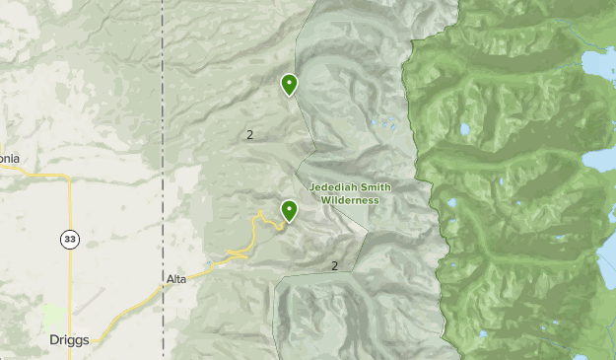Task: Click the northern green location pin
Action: pyautogui.click(x=289, y=85)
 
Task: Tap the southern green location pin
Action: pyautogui.click(x=289, y=210)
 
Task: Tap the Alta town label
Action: pyautogui.click(x=176, y=280)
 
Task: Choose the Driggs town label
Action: pyautogui.click(x=69, y=340)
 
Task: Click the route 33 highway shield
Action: pyautogui.click(x=68, y=240)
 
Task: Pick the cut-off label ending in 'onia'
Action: pyautogui.click(x=10, y=158)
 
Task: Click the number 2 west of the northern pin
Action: pyautogui.click(x=250, y=134)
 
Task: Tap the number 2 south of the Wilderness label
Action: pyautogui.click(x=335, y=265)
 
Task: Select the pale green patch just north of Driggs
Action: pyautogui.click(x=55, y=317)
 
